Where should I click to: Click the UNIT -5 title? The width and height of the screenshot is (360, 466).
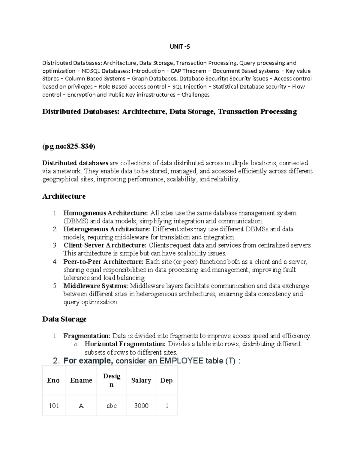coord(180,47)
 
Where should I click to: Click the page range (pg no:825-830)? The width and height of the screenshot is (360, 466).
coord(69,146)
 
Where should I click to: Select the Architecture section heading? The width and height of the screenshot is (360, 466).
coord(64,196)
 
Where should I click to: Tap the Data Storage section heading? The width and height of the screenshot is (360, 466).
coord(64,319)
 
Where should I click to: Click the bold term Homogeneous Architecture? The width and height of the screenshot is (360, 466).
coord(106,213)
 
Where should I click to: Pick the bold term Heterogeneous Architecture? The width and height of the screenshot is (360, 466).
coord(106,229)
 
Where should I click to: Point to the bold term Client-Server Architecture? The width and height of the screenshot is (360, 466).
coord(105,245)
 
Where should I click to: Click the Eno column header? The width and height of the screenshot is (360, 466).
coord(53,380)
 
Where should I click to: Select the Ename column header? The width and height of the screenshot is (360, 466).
coord(81,380)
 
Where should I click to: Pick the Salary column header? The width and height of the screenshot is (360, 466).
coord(141,380)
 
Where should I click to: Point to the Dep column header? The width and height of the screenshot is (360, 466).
coord(166,380)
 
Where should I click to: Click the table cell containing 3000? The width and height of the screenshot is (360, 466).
coord(141,406)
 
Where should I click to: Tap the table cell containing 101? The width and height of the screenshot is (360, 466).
coord(54,406)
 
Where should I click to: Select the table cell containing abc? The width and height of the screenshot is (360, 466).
coord(112,406)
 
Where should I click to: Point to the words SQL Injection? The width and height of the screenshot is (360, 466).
coord(187,87)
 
